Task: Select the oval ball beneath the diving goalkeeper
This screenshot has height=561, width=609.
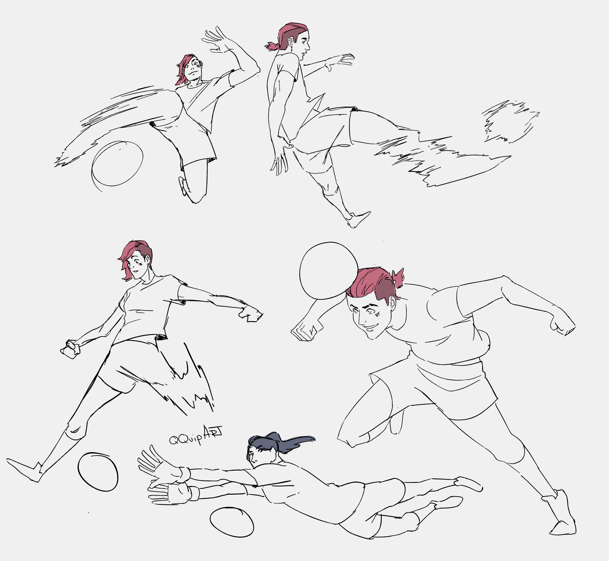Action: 232,522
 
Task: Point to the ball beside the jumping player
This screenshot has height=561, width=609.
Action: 117,163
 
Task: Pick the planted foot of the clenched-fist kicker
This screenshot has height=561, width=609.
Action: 24,469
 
